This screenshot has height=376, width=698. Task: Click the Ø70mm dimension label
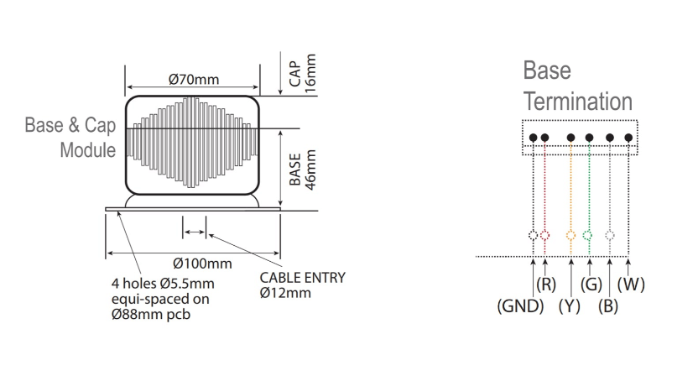point(193,80)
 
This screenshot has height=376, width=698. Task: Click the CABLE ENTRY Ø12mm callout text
point(301,285)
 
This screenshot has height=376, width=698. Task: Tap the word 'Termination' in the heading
point(577,102)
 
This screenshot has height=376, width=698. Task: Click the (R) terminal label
point(547,285)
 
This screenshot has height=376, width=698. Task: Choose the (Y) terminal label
point(570,306)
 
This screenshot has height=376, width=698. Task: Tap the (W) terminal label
point(631,285)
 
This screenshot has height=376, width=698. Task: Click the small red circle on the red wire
point(545,236)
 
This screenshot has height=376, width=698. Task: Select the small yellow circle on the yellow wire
point(571,236)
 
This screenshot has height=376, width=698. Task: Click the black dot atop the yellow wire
point(571,138)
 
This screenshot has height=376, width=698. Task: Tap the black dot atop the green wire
point(589,138)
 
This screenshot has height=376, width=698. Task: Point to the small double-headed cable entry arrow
point(194,232)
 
